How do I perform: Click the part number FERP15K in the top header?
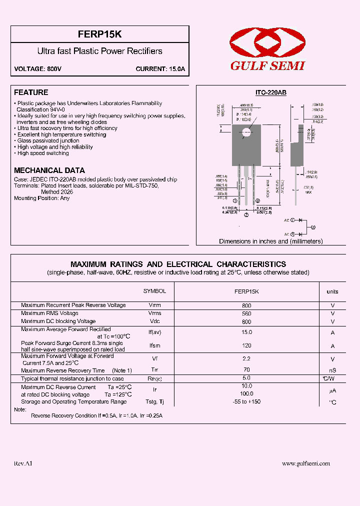[100, 34]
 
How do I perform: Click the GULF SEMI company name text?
[267, 66]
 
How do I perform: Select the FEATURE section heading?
[31, 92]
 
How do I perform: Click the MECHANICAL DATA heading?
[49, 170]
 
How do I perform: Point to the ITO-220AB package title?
[271, 93]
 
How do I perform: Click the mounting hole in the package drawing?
[246, 132]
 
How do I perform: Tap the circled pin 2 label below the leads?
[246, 215]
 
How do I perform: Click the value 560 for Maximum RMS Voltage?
[246, 313]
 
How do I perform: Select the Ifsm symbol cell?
[155, 345]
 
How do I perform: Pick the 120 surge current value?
[246, 345]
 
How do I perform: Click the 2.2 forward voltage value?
[246, 358]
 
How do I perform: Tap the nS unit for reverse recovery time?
[332, 370]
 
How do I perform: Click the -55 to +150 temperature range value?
[246, 402]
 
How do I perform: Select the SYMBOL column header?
[155, 291]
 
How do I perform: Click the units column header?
[332, 291]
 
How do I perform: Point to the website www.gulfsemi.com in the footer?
[306, 463]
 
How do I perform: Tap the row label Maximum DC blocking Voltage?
[58, 321]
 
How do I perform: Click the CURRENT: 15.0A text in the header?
[160, 69]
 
